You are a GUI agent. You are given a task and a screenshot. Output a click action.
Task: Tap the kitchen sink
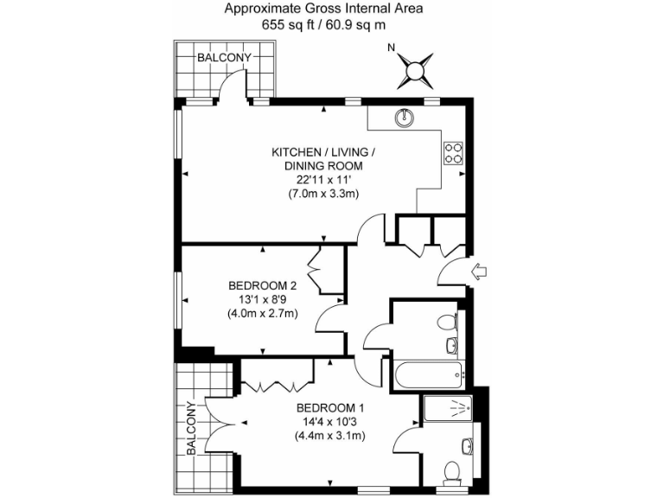pyautogui.click(x=405, y=116)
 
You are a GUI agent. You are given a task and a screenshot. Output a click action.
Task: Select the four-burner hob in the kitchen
pyautogui.click(x=453, y=152)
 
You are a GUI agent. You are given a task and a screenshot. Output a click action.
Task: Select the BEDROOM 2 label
pyautogui.click(x=263, y=285)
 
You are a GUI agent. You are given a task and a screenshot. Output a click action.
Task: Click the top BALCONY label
pyautogui.click(x=224, y=58)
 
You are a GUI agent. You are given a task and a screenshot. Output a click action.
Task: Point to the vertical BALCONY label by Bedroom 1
pyautogui.click(x=190, y=429)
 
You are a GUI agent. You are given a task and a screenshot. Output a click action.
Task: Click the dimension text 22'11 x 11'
pyautogui.click(x=323, y=180)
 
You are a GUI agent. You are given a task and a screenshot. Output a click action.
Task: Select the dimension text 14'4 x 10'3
pyautogui.click(x=330, y=422)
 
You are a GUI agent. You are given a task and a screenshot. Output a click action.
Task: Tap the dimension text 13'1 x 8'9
pyautogui.click(x=263, y=299)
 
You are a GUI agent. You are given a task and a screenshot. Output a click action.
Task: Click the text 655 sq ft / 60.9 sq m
pyautogui.click(x=323, y=25)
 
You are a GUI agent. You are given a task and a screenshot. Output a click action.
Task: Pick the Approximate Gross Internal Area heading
pyautogui.click(x=323, y=10)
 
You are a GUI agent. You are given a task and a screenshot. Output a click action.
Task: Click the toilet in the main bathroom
pyautogui.click(x=446, y=322)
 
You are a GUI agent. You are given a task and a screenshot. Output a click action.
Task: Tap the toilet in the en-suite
pyautogui.click(x=450, y=472)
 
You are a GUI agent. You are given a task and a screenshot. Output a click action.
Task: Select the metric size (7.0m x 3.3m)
pyautogui.click(x=323, y=194)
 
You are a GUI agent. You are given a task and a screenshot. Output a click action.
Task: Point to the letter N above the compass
pyautogui.click(x=391, y=48)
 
